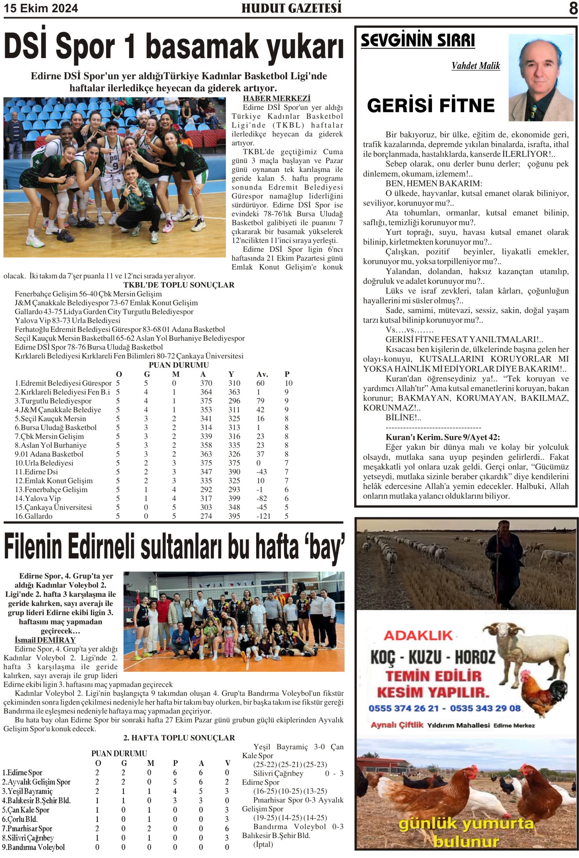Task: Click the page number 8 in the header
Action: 573,8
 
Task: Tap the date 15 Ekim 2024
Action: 41,8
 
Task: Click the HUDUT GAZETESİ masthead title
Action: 291,8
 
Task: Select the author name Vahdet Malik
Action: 476,66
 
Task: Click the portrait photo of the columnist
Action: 540,78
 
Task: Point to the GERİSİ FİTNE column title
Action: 430,106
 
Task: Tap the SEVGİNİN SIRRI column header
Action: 418,41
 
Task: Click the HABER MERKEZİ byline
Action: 276,99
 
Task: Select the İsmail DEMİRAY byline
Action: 45,640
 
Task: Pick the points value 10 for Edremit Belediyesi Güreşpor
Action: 288,383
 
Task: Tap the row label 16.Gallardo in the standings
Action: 33,516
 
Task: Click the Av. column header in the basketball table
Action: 262,374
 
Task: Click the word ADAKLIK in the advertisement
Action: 418,635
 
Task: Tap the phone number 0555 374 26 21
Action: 404,708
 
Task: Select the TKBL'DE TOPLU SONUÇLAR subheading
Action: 178,285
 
